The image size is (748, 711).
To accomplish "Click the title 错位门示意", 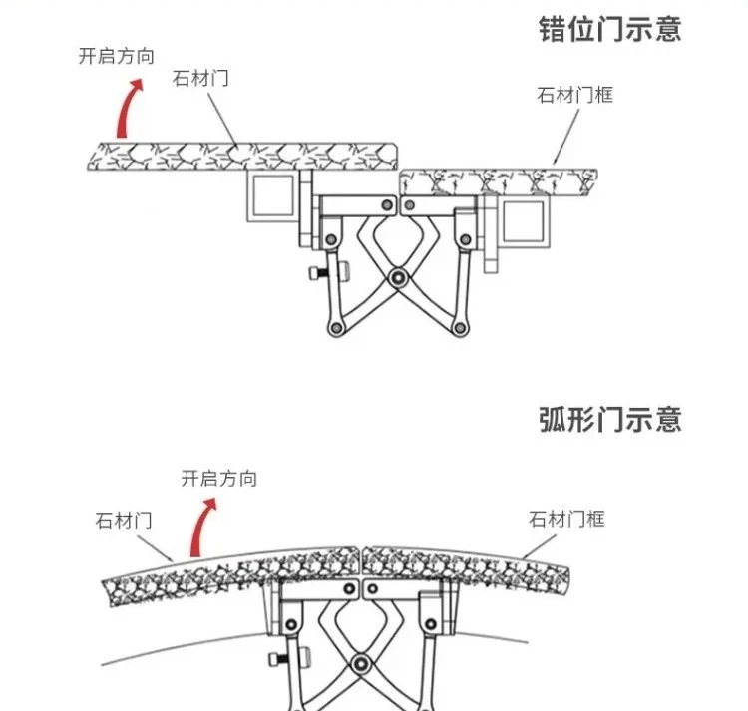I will click(609, 28).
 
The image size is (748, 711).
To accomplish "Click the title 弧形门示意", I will click(609, 419).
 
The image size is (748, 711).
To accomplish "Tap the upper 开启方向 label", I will click(117, 57).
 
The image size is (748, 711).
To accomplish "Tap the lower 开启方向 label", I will click(218, 479).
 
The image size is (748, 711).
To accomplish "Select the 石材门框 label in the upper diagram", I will click(574, 96).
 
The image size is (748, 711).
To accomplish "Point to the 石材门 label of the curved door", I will click(123, 520).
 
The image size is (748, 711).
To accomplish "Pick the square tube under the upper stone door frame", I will click(523, 220).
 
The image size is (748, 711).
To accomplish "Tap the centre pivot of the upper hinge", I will click(397, 278).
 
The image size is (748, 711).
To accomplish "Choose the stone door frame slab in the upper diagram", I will click(499, 181).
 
